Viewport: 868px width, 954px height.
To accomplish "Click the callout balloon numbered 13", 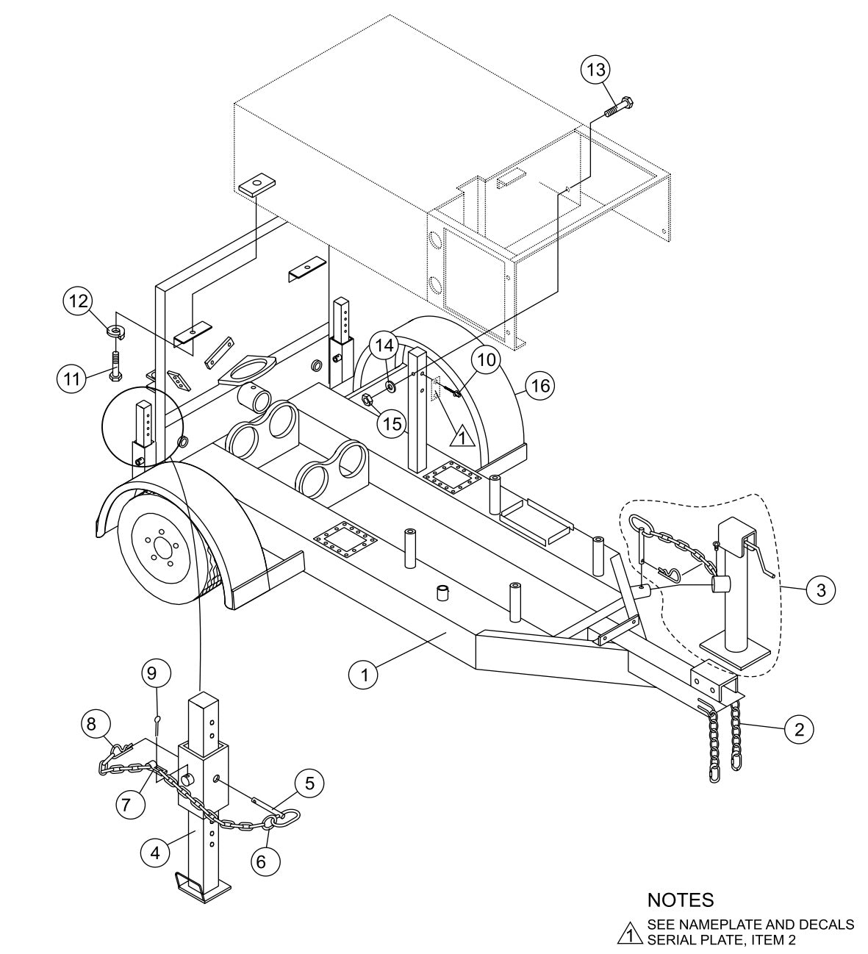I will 595,71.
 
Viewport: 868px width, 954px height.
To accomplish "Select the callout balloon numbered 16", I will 540,385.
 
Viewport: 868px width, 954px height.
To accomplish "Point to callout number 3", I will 819,589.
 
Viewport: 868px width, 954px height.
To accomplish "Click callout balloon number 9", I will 157,672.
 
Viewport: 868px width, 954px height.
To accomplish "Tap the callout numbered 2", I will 798,729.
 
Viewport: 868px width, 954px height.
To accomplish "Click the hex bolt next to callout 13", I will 621,106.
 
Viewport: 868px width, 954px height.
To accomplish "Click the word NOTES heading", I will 680,900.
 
